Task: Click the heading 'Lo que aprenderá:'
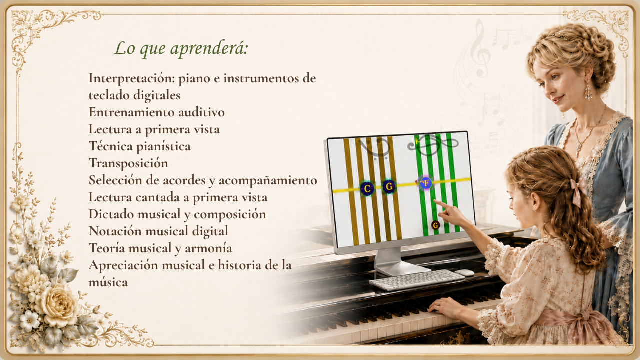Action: coord(181,48)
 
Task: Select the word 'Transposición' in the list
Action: coord(128,163)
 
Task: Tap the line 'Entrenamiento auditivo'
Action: coord(157,112)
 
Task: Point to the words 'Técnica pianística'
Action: coord(139,146)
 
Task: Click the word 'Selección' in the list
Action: coord(115,180)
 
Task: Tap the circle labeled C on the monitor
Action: coord(367,188)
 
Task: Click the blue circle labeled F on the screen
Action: coord(425,183)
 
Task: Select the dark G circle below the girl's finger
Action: coord(435,225)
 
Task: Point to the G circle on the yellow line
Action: coord(389,187)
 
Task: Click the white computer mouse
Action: coord(465,273)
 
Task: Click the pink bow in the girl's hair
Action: coord(577,189)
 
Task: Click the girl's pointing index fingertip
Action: coord(435,201)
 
